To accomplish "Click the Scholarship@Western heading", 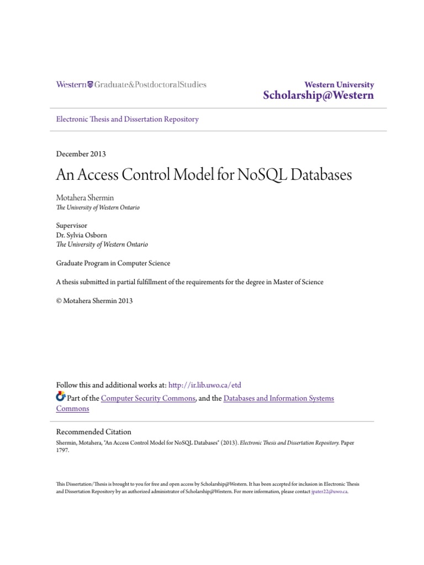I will (x=319, y=95).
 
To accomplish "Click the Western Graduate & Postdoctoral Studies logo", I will (x=131, y=85).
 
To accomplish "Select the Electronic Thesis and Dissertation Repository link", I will (x=128, y=119).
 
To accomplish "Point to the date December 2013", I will (x=81, y=154).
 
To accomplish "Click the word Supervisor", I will (x=72, y=226).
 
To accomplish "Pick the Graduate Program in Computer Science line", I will (x=113, y=263).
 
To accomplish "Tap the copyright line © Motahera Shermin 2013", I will (x=94, y=301).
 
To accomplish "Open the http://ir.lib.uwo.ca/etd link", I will (x=205, y=385).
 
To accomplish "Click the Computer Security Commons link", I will (x=149, y=398).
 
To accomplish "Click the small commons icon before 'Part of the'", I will (x=61, y=397).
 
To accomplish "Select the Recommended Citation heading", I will (x=94, y=432).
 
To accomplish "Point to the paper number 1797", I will (x=63, y=450).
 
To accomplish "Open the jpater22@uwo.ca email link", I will (x=330, y=491).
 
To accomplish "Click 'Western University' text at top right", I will (x=339, y=85).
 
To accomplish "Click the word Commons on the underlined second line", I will (x=72, y=409).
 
